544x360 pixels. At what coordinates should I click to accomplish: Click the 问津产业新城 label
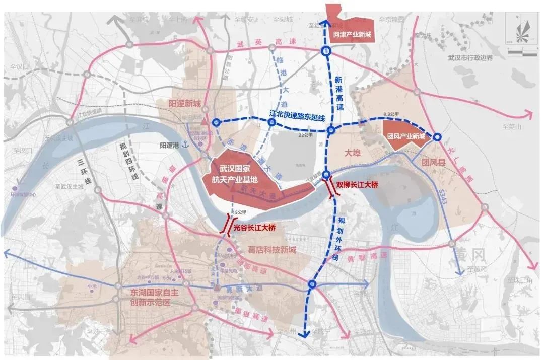352,35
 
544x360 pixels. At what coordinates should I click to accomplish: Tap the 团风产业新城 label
406,136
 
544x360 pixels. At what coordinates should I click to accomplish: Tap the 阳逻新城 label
184,104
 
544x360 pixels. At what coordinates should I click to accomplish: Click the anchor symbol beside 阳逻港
185,145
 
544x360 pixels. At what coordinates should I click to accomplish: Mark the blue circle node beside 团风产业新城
437,136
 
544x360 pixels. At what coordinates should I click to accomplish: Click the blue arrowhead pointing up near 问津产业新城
325,23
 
